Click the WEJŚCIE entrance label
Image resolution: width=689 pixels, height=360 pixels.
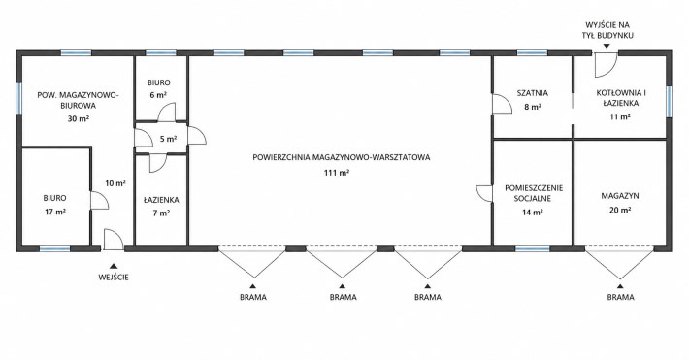114,278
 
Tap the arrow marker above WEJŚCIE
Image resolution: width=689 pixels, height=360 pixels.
114,266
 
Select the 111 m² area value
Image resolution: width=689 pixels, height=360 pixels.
337,173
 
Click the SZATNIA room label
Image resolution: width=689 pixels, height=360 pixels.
532,93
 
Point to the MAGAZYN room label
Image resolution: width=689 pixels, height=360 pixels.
620,196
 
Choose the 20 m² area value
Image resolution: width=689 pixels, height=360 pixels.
620,210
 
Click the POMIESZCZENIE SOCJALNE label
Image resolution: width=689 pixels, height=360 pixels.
534,193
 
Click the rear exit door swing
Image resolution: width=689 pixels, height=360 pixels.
607,65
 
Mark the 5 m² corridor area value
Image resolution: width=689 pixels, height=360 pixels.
168,139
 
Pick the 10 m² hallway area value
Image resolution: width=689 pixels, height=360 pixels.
115,183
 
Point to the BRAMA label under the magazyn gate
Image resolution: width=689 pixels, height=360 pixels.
620,297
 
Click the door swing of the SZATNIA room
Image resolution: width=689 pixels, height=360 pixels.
502,104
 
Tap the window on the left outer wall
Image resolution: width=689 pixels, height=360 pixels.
18,98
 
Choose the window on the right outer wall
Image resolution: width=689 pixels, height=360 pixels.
669,102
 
